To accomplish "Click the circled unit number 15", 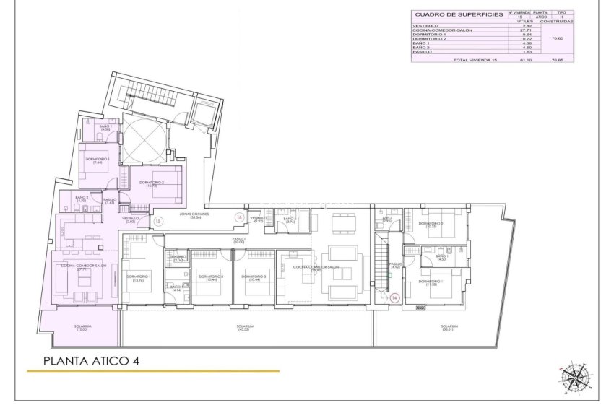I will point(157,222).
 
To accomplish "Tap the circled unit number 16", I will point(239,216).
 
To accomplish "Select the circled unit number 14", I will point(394,297).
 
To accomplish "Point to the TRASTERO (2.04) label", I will point(177,258).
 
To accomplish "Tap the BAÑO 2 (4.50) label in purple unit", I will point(83,199).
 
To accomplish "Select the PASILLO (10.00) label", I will point(238,239).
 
